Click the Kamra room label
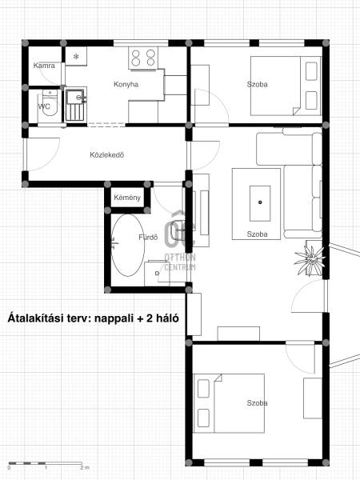tap(44, 66)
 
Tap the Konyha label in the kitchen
tap(126, 85)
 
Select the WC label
tap(44, 107)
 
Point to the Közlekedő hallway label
tap(107, 155)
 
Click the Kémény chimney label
tap(127, 198)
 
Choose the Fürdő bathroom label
tap(148, 238)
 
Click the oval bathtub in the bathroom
tap(128, 245)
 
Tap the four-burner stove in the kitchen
tap(143, 58)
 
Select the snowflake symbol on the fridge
tap(76, 57)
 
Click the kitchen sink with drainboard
tap(75, 105)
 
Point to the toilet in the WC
tap(50, 103)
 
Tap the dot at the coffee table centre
tap(260, 202)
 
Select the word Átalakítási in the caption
tap(36, 318)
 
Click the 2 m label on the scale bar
tap(85, 468)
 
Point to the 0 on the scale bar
tap(9, 468)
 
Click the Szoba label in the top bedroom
tap(257, 84)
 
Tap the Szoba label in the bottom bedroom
tap(257, 403)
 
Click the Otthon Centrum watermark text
tap(180, 262)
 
